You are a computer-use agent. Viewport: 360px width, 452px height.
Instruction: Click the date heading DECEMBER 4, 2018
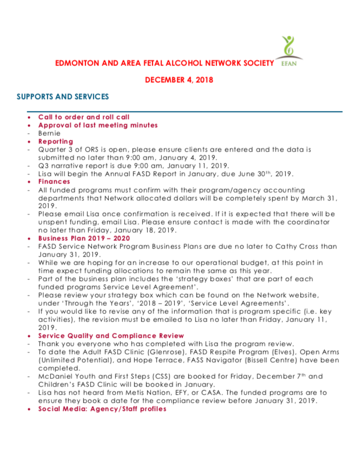[179, 80]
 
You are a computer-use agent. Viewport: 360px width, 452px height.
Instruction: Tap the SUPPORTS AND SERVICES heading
[63, 97]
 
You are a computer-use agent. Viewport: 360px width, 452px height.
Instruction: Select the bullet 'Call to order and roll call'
[83, 117]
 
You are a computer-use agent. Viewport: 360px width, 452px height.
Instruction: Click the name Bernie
[49, 132]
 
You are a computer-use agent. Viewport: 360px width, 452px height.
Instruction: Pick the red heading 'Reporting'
[55, 141]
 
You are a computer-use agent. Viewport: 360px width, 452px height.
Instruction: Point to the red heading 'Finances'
[54, 182]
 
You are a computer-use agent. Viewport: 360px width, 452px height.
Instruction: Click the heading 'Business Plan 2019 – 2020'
[84, 238]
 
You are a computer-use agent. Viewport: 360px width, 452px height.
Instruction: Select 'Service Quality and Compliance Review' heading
[110, 336]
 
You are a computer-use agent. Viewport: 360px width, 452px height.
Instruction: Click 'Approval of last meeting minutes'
[97, 125]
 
